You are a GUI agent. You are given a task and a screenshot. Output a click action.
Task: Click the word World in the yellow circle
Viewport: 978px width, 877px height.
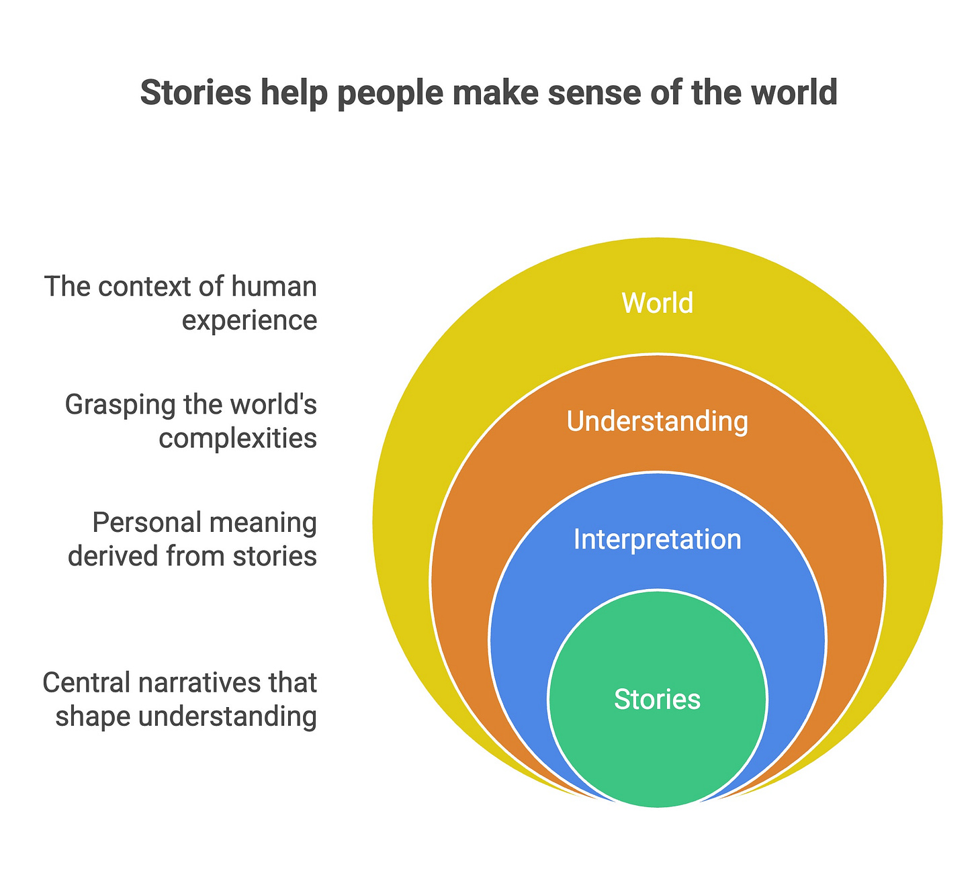pyautogui.click(x=657, y=303)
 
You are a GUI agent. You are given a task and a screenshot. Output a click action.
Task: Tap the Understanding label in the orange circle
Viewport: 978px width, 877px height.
pyautogui.click(x=657, y=422)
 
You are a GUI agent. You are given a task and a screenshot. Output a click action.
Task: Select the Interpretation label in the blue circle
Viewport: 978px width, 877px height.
pyautogui.click(x=657, y=539)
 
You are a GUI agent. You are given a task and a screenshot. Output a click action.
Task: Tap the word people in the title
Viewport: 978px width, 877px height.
pyautogui.click(x=390, y=94)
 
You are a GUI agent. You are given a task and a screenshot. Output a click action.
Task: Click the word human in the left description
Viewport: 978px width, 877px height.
pyautogui.click(x=273, y=287)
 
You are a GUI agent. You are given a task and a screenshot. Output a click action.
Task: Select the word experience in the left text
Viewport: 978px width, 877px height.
pyautogui.click(x=249, y=321)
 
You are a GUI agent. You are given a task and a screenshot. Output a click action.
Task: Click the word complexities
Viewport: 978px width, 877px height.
pyautogui.click(x=238, y=438)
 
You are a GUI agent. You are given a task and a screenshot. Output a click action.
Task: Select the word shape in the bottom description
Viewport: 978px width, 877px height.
pyautogui.click(x=92, y=717)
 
